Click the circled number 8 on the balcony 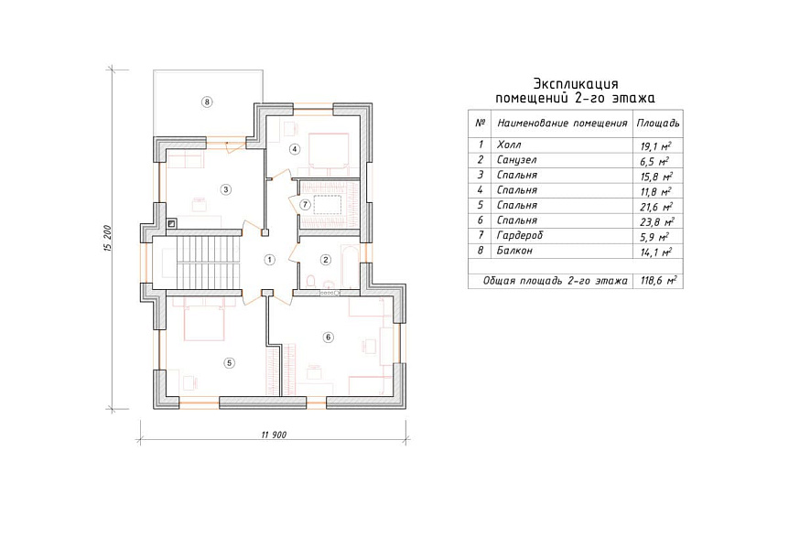coord(207,102)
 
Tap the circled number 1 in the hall coord(270,260)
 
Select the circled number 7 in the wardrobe coord(305,205)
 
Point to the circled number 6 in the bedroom coord(328,337)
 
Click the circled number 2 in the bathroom coord(326,260)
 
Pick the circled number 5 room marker coord(229,363)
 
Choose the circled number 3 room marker coord(225,189)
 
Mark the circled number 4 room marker coord(295,149)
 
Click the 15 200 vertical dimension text coord(108,238)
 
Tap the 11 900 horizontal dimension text coord(275,435)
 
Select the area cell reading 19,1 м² coord(655,146)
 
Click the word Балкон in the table coord(514,251)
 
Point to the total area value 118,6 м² coord(658,281)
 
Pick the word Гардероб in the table coord(520,235)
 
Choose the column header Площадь coord(658,123)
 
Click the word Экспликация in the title coord(576,83)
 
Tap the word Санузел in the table coord(517,160)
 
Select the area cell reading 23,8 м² coord(656,221)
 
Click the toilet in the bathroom coord(310,281)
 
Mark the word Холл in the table coord(509,145)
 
